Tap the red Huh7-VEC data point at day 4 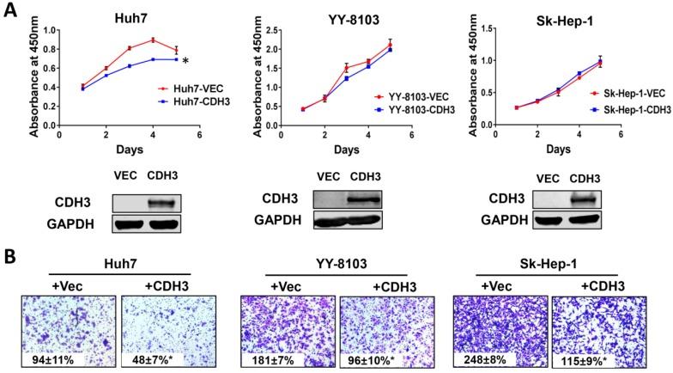(152, 40)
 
